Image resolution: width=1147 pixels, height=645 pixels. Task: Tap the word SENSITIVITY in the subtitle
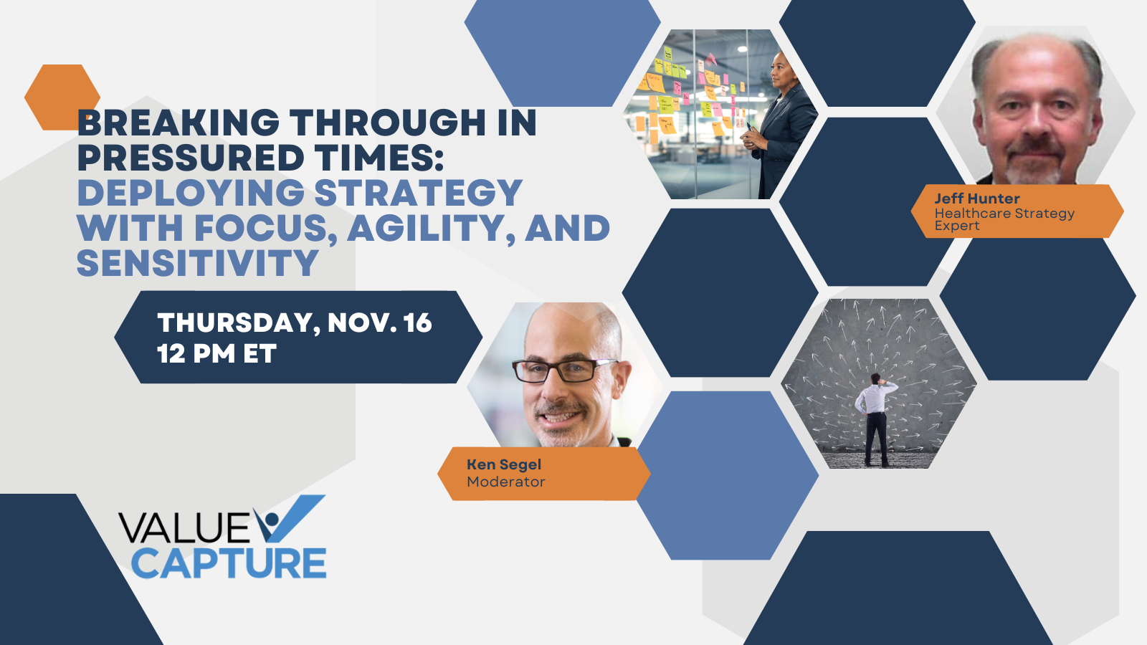pyautogui.click(x=198, y=262)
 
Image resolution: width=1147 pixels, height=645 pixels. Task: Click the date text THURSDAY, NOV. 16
pyautogui.click(x=295, y=322)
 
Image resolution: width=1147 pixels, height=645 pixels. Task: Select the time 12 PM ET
pyautogui.click(x=216, y=353)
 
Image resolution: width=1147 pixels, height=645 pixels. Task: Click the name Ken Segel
pyautogui.click(x=504, y=464)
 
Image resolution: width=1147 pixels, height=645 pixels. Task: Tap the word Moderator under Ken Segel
pyautogui.click(x=505, y=482)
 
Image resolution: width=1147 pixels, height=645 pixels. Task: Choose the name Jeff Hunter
pyautogui.click(x=977, y=199)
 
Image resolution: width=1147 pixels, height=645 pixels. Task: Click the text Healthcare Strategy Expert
pyautogui.click(x=1004, y=219)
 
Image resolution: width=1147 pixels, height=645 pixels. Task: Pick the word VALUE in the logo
pyautogui.click(x=185, y=527)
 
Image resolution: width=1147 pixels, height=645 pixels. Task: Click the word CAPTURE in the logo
pyautogui.click(x=229, y=563)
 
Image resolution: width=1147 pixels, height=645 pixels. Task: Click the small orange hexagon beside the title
pyautogui.click(x=62, y=97)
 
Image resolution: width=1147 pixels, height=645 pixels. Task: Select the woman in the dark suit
pyautogui.click(x=779, y=125)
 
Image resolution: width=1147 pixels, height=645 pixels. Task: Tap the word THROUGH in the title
pyautogui.click(x=388, y=123)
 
